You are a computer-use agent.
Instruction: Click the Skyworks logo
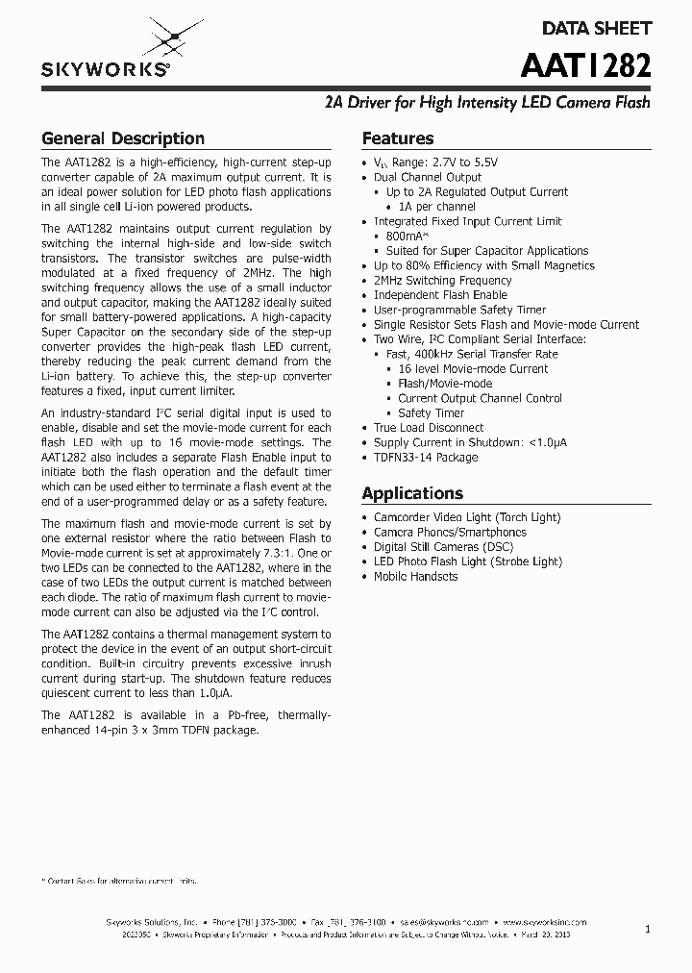107,53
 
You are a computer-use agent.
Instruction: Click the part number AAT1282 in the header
585,65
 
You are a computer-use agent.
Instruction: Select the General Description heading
123,138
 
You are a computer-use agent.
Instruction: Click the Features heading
397,138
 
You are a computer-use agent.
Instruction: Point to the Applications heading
412,493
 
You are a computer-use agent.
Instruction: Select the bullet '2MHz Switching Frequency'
442,281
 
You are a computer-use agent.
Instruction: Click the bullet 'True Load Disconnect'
429,428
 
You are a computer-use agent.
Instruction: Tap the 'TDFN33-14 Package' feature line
426,458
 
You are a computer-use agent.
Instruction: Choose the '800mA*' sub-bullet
408,237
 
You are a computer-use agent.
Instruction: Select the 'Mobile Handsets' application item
415,577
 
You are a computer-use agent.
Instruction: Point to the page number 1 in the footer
648,929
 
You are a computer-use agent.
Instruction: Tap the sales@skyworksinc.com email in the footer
445,921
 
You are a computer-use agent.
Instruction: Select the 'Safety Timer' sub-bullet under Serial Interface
432,413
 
